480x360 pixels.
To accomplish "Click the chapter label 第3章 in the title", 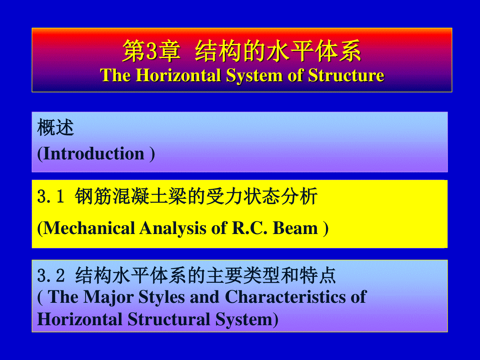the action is (x=151, y=51).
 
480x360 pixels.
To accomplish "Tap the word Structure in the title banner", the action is (x=346, y=75).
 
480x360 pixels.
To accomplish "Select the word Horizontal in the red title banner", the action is (x=178, y=75).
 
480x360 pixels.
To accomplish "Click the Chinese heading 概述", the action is (x=56, y=128).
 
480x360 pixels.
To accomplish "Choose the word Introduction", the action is (x=94, y=154).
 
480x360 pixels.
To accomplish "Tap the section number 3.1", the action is (x=51, y=196).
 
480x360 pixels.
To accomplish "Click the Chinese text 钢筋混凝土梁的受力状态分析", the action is (x=196, y=196).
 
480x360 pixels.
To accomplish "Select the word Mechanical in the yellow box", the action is (x=89, y=228).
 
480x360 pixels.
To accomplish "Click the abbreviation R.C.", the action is (x=250, y=228).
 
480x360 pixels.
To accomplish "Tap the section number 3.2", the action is (x=51, y=276).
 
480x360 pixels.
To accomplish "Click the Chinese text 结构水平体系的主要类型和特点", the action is (x=206, y=276).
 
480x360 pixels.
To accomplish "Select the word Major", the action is (x=109, y=297).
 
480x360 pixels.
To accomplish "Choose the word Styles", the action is (x=162, y=298).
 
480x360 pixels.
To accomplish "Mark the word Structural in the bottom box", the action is (x=169, y=319).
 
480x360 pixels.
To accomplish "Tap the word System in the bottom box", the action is (x=244, y=320).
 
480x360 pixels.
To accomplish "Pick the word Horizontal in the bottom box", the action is (x=80, y=319).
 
